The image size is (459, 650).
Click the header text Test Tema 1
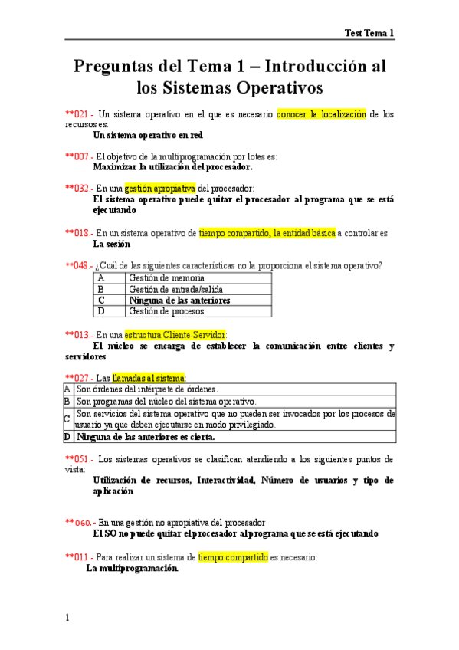(x=369, y=33)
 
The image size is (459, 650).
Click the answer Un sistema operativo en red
(x=148, y=134)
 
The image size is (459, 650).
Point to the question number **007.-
(x=79, y=156)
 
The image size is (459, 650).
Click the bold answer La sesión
(x=111, y=244)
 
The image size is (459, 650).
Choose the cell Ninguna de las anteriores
(x=179, y=300)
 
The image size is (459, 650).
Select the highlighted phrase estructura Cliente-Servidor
(x=175, y=334)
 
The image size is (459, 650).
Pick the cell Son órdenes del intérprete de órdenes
(x=147, y=389)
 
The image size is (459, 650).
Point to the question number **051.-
(x=80, y=459)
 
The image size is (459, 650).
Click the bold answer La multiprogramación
(x=133, y=569)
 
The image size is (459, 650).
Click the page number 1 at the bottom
(x=67, y=618)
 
